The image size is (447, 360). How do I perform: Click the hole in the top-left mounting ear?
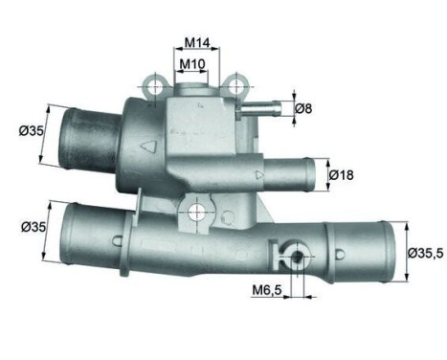click(x=155, y=88)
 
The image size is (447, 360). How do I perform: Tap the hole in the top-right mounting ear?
click(x=234, y=88)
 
